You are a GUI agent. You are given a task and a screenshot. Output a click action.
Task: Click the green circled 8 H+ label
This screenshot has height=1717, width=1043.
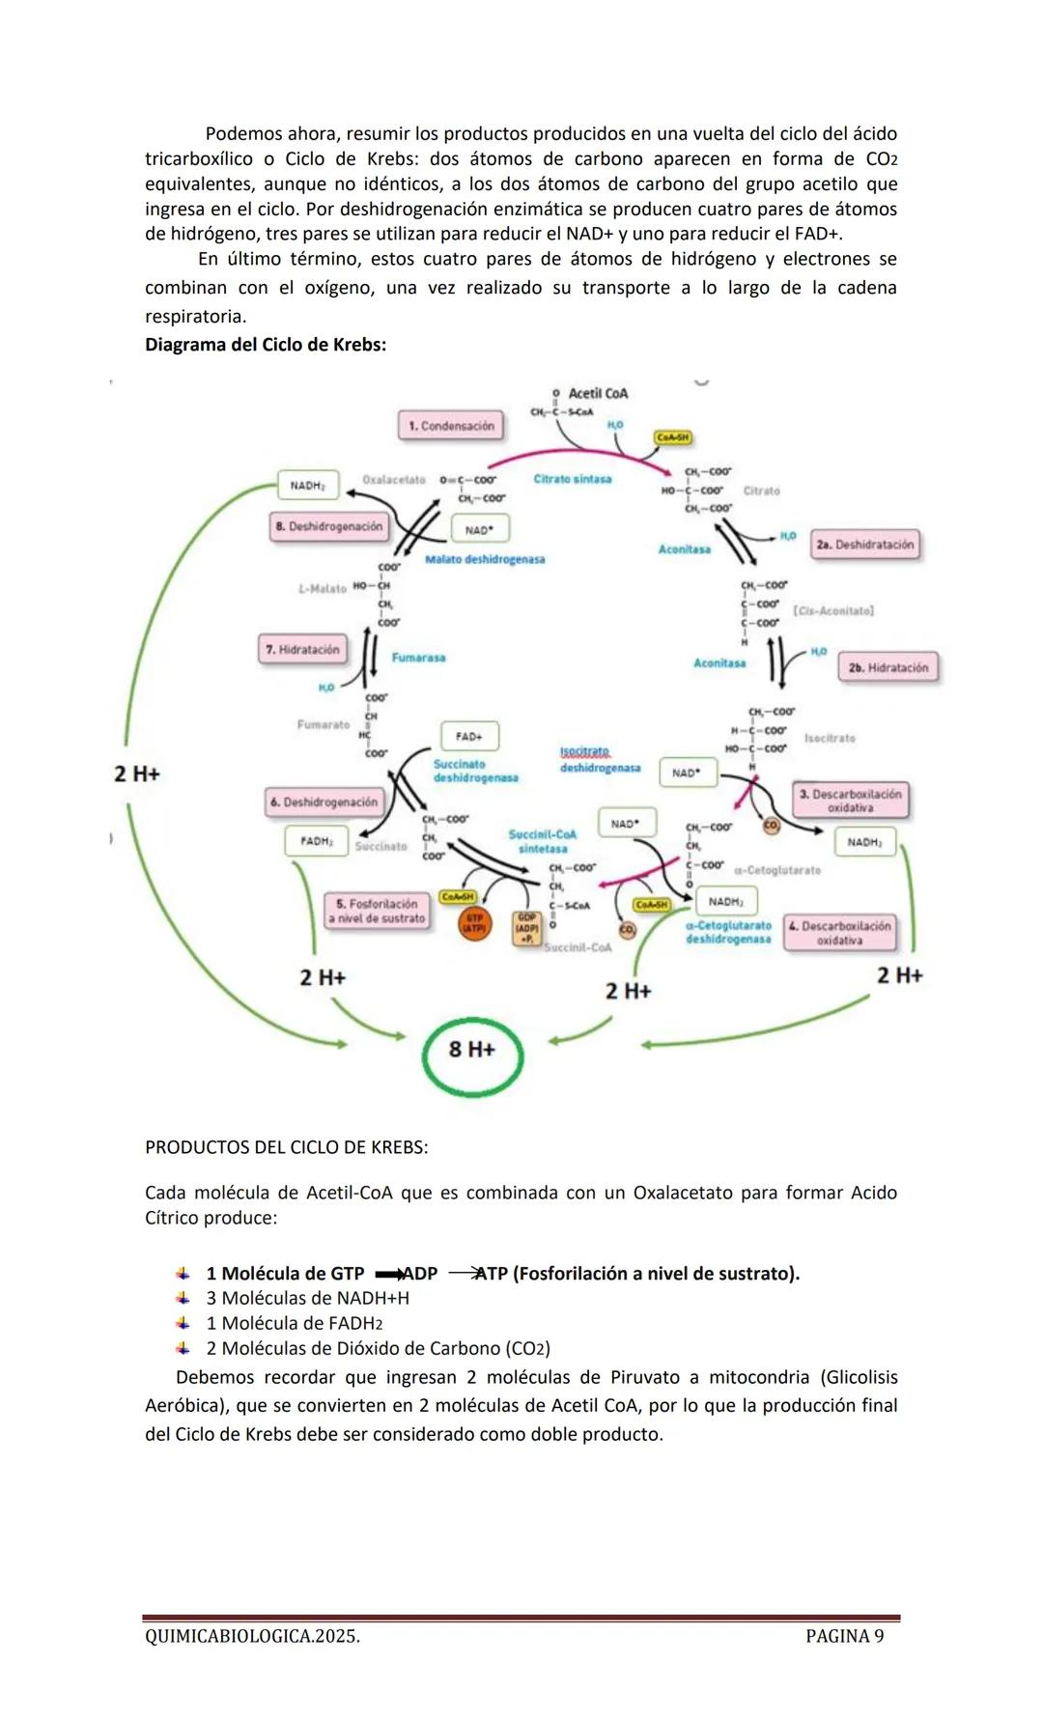coord(472,1051)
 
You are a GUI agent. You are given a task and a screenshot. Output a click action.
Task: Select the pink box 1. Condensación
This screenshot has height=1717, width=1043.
coord(451,426)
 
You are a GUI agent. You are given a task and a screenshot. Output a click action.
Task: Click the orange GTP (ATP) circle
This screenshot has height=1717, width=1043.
coord(473,923)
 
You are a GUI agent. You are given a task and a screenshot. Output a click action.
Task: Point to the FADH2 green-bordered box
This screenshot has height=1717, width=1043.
coord(316,841)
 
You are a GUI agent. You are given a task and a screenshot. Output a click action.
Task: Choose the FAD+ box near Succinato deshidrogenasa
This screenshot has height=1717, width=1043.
coord(469,736)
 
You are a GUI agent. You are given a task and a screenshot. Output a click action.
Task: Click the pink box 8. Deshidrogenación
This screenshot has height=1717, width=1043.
coord(329,526)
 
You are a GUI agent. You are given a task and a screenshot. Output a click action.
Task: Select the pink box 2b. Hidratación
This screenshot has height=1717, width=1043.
coord(888,667)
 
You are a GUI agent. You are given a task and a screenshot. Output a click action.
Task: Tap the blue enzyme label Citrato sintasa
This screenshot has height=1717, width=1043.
coord(572,479)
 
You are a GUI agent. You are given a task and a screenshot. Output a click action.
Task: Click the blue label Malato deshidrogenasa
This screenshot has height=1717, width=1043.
coord(485,559)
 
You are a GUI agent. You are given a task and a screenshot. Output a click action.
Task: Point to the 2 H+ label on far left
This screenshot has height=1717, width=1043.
coord(136,774)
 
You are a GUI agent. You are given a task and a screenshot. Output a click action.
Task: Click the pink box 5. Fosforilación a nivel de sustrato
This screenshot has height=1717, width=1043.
coord(378,911)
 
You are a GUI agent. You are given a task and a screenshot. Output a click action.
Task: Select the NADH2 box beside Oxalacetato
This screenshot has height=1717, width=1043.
coord(308,485)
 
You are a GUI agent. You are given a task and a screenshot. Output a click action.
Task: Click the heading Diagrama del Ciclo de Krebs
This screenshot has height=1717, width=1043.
coord(266,345)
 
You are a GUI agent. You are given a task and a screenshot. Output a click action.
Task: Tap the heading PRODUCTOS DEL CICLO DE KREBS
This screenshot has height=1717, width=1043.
coord(287,1147)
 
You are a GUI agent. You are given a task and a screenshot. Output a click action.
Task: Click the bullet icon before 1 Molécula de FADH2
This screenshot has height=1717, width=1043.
coord(183,1323)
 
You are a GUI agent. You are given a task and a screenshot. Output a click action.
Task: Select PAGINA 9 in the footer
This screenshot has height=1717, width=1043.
coord(844,1636)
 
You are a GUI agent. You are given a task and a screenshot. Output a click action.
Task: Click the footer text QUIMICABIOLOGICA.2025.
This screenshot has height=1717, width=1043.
coord(252,1636)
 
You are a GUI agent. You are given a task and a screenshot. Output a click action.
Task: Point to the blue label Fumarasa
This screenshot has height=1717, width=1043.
coord(418,658)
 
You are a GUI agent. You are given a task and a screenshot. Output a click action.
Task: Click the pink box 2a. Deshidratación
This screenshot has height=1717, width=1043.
coord(864,545)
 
